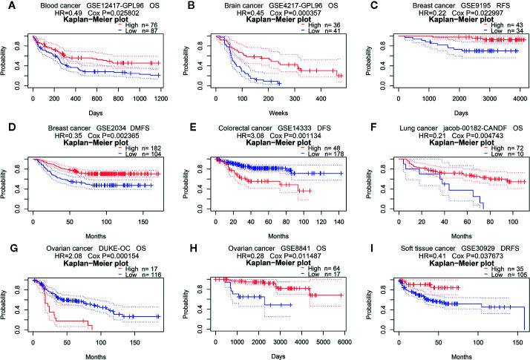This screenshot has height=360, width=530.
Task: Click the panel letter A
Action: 6,6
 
